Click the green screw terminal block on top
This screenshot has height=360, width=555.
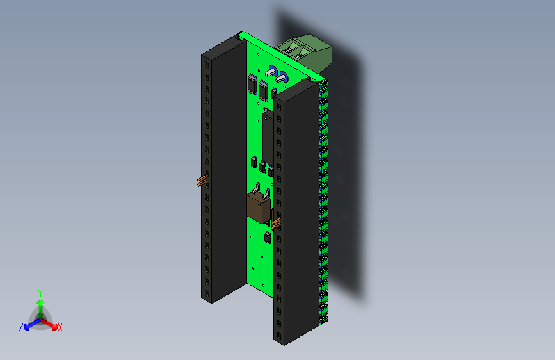point(307,50)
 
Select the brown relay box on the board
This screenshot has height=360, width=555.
point(259,208)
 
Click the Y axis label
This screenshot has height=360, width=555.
point(40,292)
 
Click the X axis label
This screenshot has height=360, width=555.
point(60,327)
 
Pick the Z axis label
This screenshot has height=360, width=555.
point(21,327)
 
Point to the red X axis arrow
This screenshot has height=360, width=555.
point(51,323)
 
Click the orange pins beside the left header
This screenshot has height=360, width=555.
point(201,181)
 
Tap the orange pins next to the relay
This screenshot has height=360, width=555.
point(277,224)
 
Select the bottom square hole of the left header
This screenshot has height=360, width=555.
point(207,293)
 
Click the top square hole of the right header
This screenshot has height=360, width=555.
point(279,106)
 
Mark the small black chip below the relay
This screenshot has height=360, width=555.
point(266,239)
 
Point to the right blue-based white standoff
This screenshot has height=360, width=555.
point(282,78)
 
